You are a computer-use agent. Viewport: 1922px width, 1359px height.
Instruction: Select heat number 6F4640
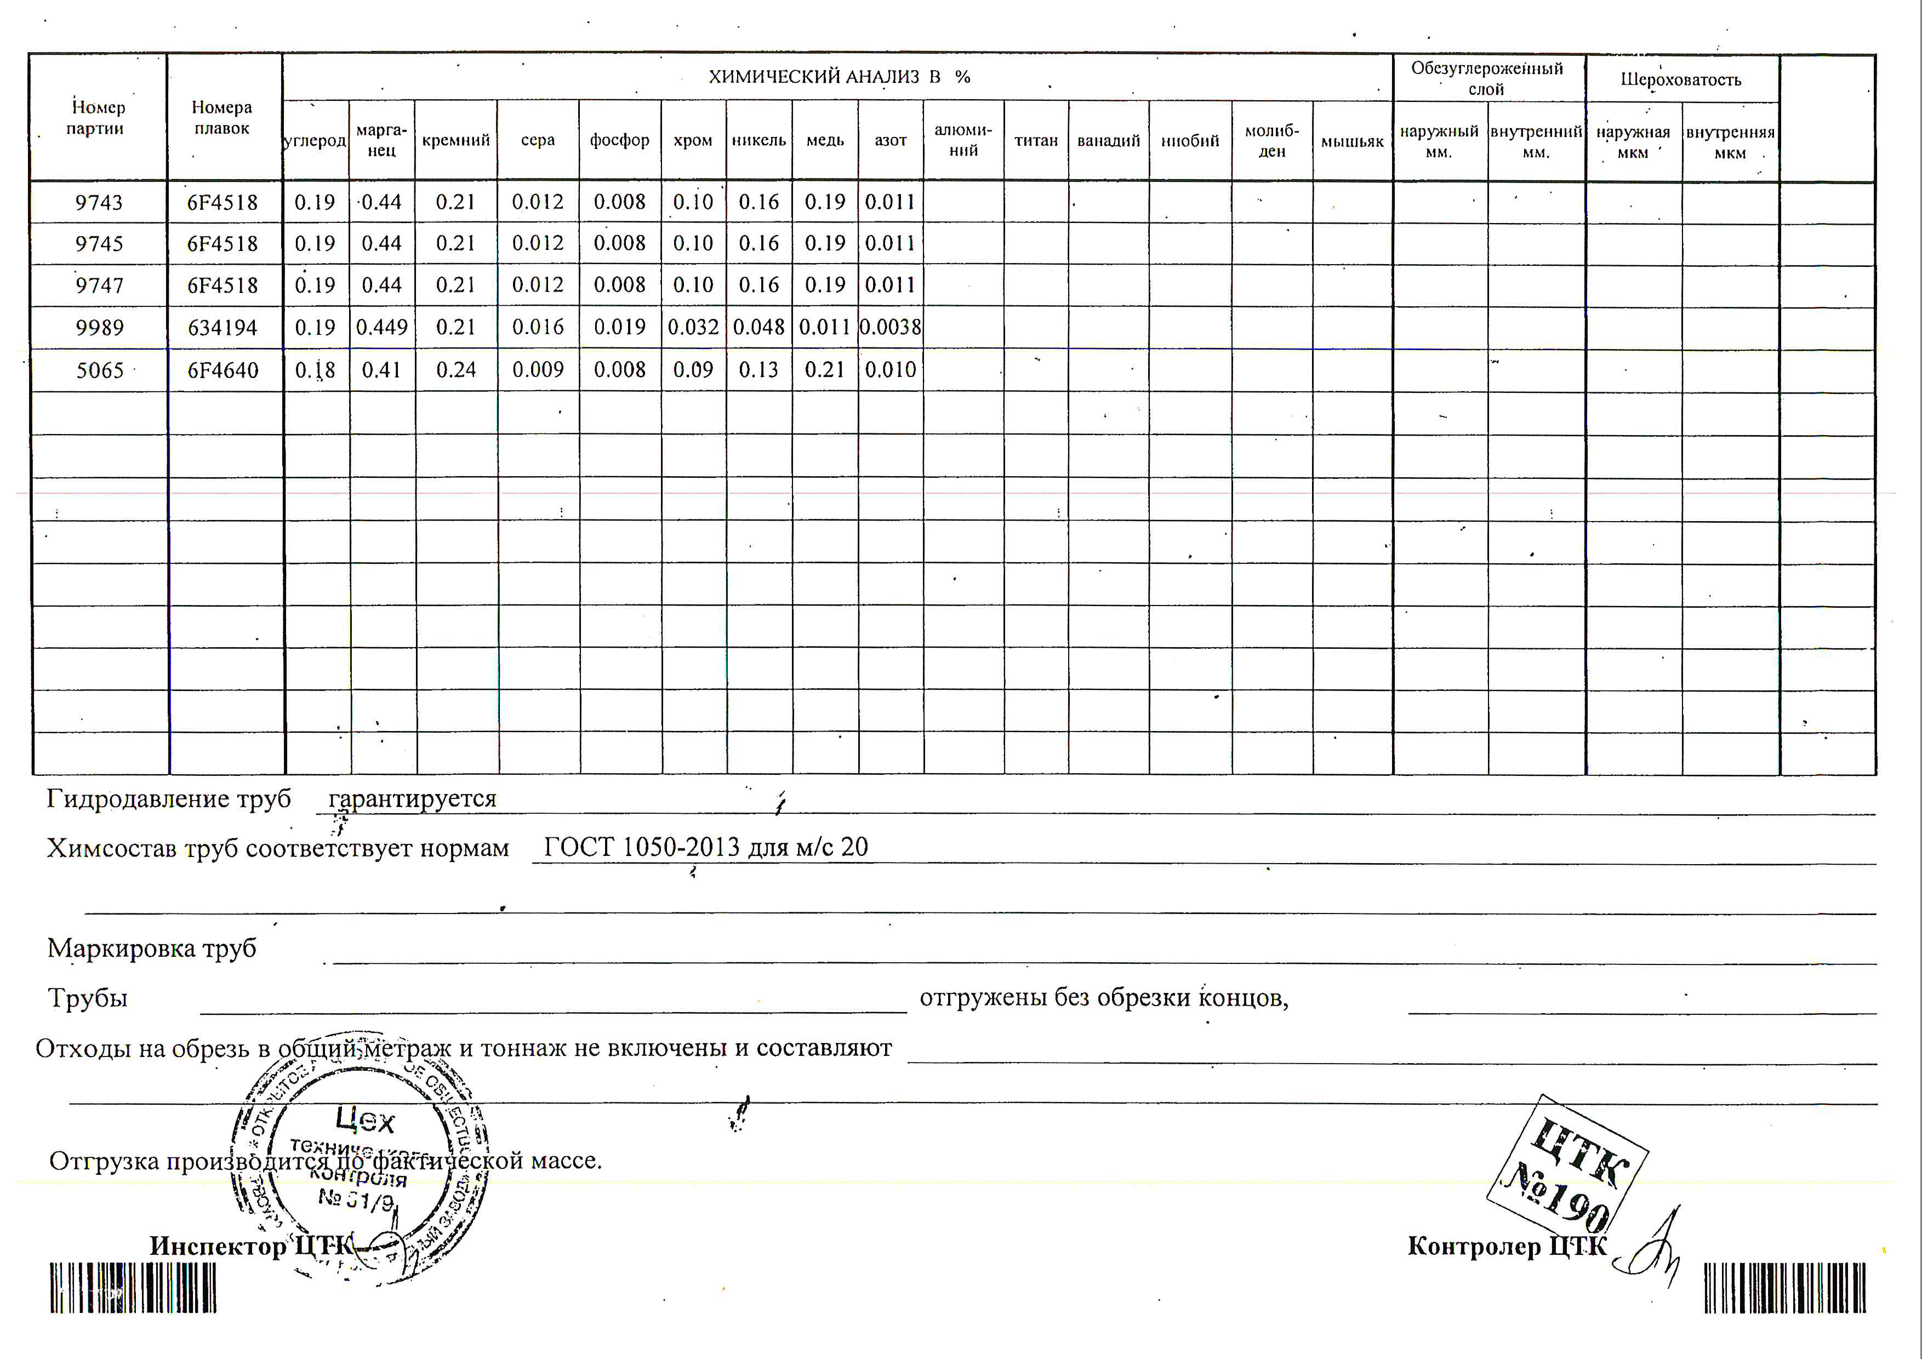coord(223,370)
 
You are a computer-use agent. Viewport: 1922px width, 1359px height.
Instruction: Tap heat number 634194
coord(223,327)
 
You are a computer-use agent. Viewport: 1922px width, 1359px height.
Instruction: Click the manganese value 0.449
coord(382,327)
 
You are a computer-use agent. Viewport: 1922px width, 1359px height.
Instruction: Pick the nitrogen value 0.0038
coord(891,327)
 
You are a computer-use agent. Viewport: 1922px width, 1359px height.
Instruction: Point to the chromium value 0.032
coord(693,327)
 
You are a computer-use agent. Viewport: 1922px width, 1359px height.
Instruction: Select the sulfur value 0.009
coord(538,370)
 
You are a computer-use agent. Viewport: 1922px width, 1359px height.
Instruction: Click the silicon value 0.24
coord(455,370)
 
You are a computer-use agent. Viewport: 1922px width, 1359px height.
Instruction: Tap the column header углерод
coord(315,141)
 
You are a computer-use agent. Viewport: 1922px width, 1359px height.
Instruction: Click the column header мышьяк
coord(1352,141)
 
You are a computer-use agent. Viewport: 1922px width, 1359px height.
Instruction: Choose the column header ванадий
coord(1108,141)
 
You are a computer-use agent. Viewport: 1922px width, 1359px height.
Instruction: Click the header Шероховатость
coord(1681,79)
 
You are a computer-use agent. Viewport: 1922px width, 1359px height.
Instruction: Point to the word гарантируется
coord(412,798)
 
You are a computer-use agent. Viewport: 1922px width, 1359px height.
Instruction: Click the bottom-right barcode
coord(1784,1288)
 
